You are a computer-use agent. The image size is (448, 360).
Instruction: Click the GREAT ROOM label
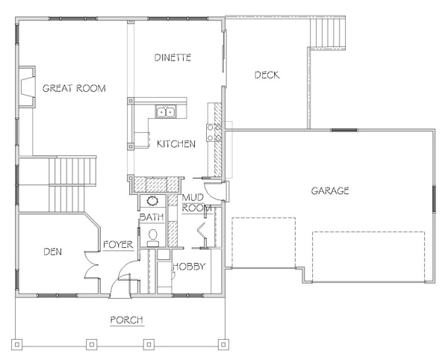74,88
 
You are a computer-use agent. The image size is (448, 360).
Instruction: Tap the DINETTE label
172,58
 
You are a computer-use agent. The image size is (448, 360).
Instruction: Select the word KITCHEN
176,143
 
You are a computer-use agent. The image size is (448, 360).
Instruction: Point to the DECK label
267,75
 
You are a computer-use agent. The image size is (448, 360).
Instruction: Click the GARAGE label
330,190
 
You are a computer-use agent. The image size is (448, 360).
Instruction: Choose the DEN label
52,252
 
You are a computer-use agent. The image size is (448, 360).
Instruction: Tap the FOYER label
118,244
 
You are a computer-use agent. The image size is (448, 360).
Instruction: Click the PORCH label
127,320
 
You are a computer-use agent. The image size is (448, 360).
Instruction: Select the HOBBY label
189,267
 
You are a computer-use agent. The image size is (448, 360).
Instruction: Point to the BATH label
152,217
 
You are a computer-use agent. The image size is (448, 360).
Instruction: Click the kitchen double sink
166,111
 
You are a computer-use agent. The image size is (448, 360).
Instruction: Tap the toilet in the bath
153,238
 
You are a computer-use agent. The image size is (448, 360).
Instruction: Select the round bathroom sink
152,201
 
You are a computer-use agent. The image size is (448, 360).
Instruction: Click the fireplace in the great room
27,87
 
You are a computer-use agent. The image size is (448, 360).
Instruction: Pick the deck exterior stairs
328,33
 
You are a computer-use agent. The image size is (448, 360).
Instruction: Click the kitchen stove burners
214,132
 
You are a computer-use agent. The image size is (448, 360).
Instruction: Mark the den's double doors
92,264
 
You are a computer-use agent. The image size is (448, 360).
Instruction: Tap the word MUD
193,197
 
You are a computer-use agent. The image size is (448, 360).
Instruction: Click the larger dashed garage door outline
369,257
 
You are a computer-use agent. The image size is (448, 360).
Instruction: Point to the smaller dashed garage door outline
264,243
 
